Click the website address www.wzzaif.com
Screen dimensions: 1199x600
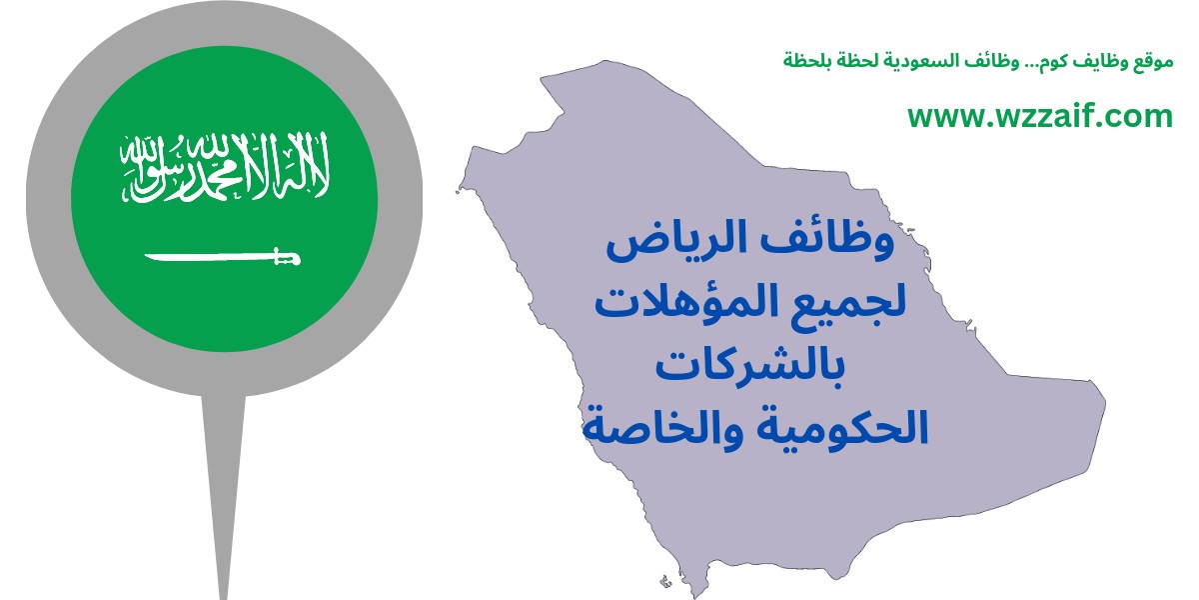coord(1040,116)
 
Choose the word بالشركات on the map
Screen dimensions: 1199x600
coord(750,369)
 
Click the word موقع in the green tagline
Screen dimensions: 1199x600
coord(1157,61)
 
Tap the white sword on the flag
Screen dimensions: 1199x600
coord(223,258)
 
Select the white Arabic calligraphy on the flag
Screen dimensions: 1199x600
coord(225,167)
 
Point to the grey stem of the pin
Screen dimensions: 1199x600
coord(223,493)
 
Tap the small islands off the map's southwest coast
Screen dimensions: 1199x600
coord(666,580)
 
